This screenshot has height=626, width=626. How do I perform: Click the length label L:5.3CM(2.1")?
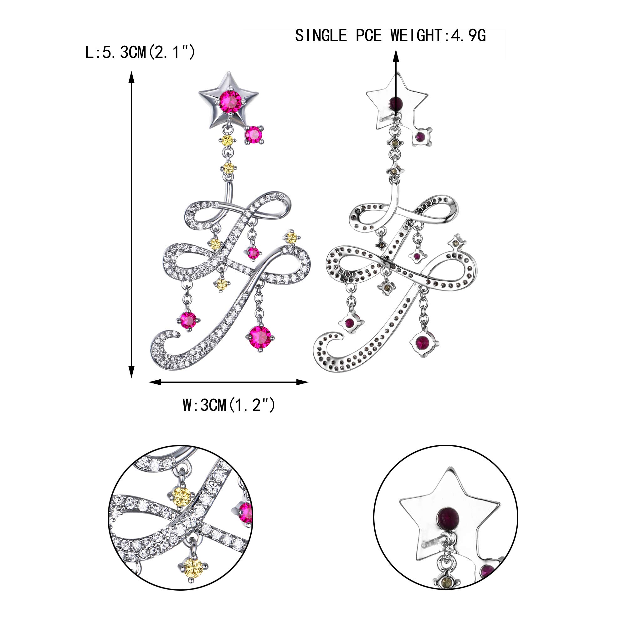coord(140,52)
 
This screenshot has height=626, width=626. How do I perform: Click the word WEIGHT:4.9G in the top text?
coord(438,35)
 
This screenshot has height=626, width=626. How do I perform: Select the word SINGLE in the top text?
coord(321,35)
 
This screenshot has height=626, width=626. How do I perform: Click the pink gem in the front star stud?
coord(230,101)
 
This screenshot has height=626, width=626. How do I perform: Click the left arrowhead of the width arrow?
coord(155,382)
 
